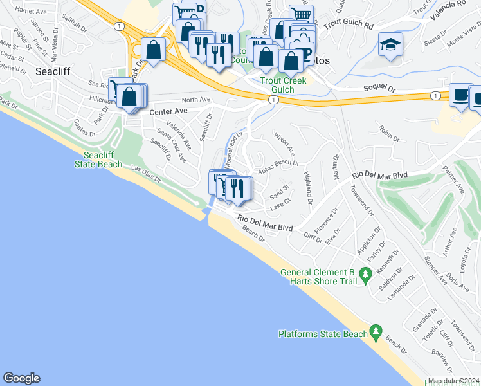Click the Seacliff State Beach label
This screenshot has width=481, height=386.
103,160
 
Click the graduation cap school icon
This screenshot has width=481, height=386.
390,44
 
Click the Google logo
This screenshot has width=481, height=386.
22,378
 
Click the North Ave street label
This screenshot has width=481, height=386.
196,100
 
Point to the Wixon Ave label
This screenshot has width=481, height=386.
284,145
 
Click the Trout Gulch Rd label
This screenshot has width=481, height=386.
349,25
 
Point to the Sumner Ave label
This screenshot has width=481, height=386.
435,271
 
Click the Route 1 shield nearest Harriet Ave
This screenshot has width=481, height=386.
118,26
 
